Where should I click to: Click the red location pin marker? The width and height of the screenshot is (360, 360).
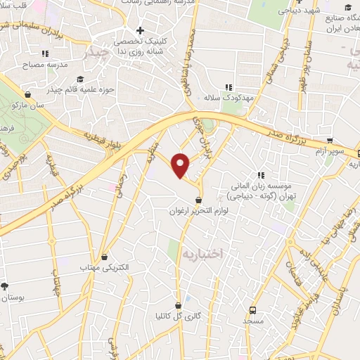pos(181,164)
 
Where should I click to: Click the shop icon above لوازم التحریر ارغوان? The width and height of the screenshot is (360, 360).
pos(200,200)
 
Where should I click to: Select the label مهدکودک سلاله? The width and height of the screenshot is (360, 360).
pos(229,98)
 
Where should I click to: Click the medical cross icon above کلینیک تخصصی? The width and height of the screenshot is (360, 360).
pos(141,31)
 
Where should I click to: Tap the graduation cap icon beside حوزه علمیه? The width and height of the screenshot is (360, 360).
pos(79,79)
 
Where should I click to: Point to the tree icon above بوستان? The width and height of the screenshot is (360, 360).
pos(5,286)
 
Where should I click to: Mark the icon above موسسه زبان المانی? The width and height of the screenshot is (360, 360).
pos(261,175)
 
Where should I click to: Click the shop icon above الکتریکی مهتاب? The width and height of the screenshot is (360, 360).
pos(104,257)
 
